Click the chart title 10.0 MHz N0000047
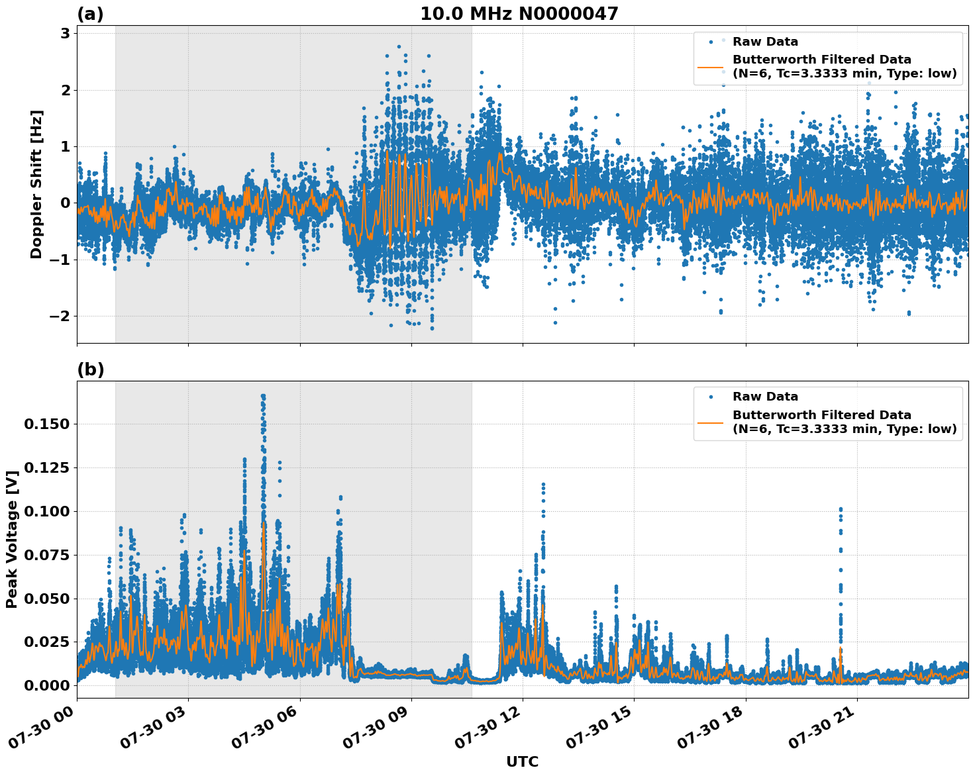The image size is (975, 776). point(519,14)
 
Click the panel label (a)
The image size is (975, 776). point(90,14)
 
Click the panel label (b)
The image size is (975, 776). point(90,369)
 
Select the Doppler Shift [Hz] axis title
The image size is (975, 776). point(36,184)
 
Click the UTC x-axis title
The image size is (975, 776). point(522,761)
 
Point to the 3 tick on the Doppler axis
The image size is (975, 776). point(65,33)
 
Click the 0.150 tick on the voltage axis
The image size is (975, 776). point(46,424)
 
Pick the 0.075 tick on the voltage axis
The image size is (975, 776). point(46,555)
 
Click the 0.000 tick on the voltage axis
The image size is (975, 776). point(46,685)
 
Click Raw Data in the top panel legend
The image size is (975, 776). point(765,42)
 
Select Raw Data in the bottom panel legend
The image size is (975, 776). point(765,397)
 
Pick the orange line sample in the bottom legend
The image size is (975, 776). point(710,422)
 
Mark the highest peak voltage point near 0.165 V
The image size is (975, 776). point(263,396)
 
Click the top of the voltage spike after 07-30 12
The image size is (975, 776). point(543,485)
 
